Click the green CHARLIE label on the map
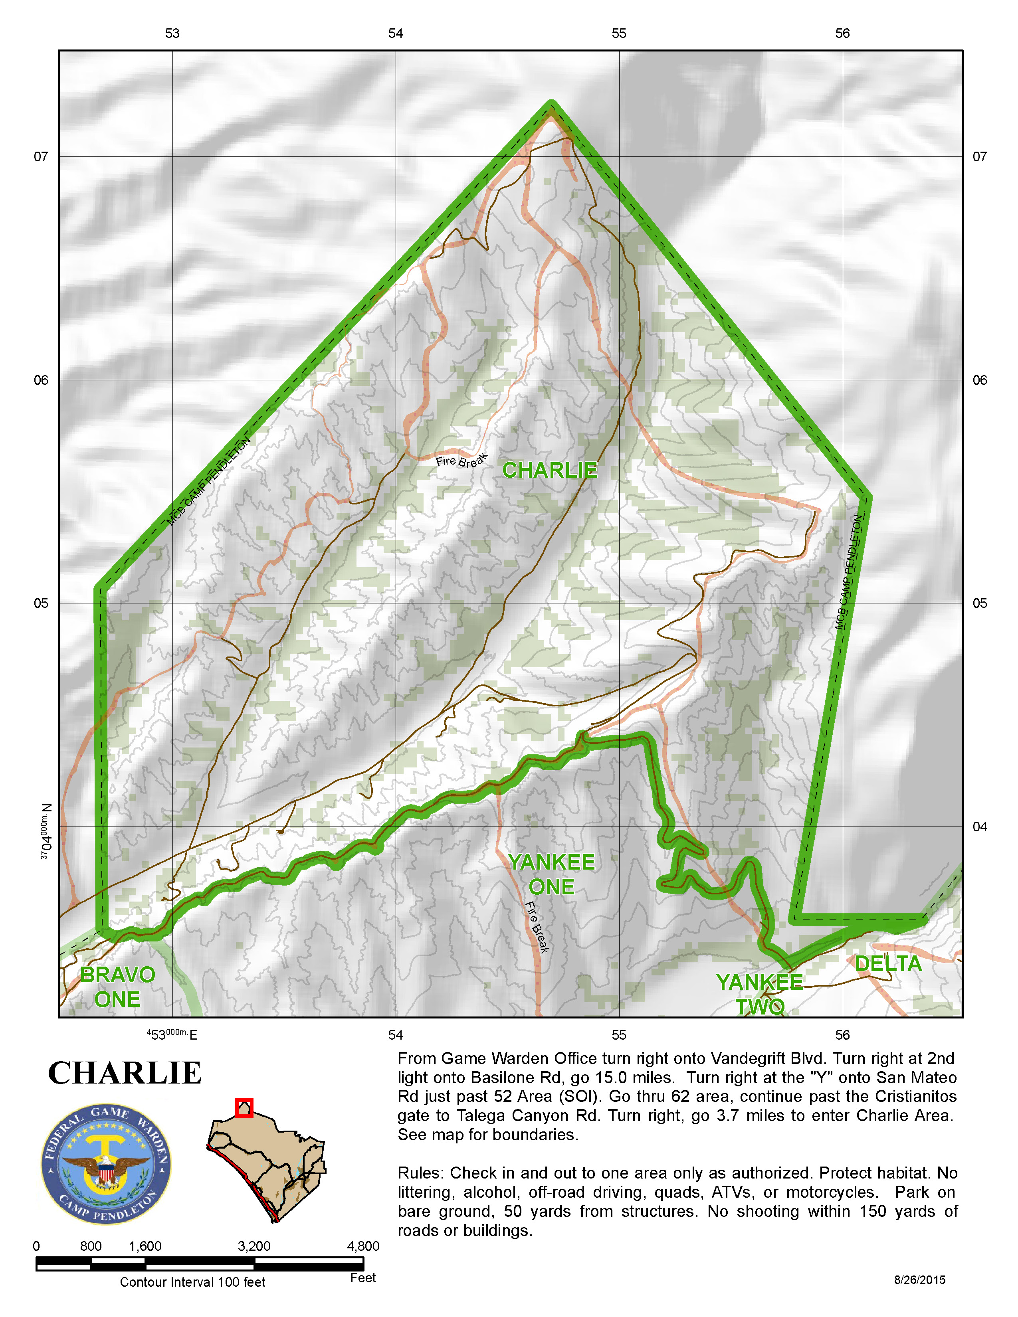pyautogui.click(x=549, y=471)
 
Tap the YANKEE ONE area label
pyautogui.click(x=551, y=874)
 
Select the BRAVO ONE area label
pyautogui.click(x=118, y=987)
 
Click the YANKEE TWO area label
pyautogui.click(x=759, y=995)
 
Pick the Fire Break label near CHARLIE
pyautogui.click(x=461, y=461)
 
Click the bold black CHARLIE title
pyautogui.click(x=125, y=1074)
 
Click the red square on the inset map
pyautogui.click(x=244, y=1108)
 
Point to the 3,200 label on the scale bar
pyautogui.click(x=254, y=1246)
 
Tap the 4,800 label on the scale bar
pyautogui.click(x=363, y=1246)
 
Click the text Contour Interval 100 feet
pyautogui.click(x=192, y=1282)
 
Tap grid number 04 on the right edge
pyautogui.click(x=979, y=827)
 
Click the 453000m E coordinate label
pyautogui.click(x=172, y=1035)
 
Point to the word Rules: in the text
pyautogui.click(x=421, y=1173)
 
